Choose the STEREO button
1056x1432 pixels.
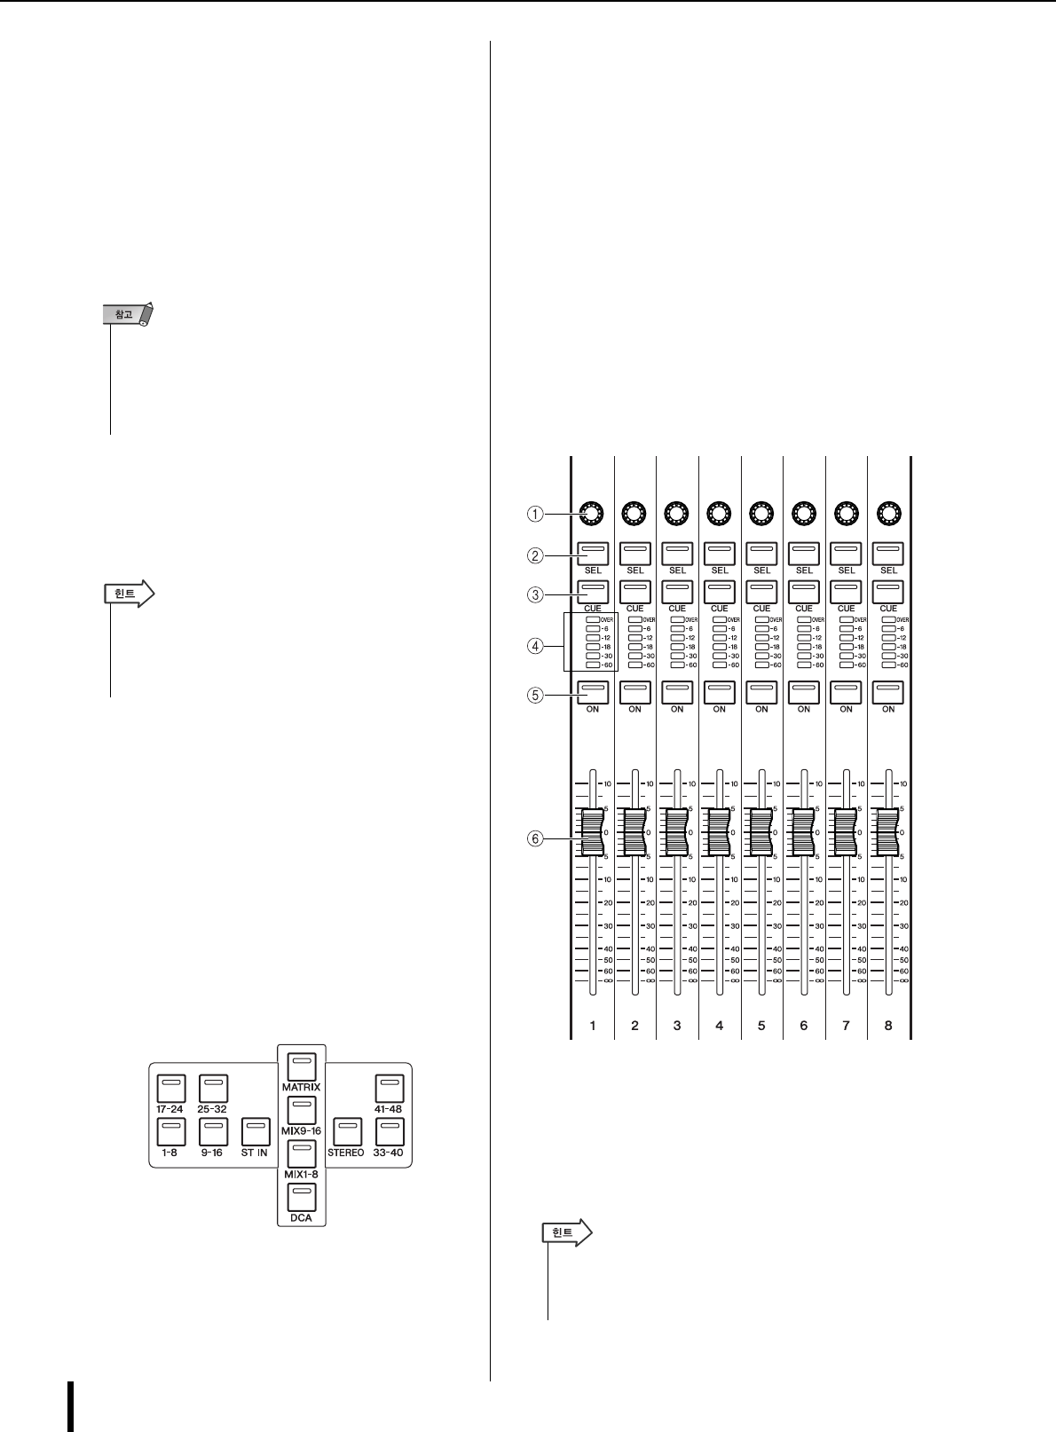point(346,1132)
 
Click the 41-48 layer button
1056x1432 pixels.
point(389,1089)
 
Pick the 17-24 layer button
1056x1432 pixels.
point(171,1089)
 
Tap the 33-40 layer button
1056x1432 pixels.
point(389,1132)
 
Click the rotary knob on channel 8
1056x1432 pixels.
point(887,513)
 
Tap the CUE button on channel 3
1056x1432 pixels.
point(677,592)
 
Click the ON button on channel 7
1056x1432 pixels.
point(846,692)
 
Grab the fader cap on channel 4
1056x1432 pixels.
point(720,832)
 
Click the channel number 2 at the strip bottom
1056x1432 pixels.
point(634,1026)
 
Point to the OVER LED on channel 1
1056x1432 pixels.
point(592,618)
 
